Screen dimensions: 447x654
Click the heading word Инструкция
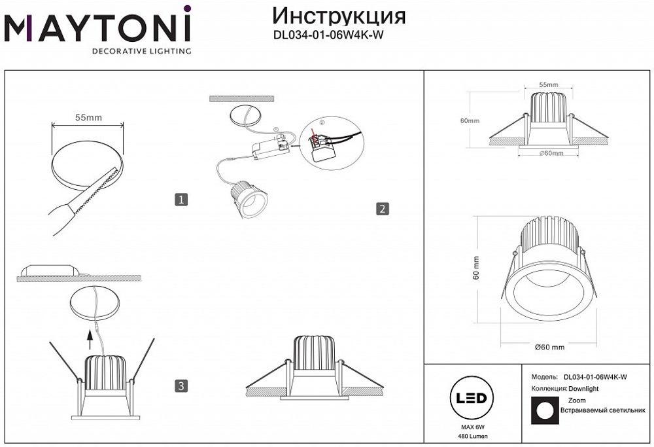338,16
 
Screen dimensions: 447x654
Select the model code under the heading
327,37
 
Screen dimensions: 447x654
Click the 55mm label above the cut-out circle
88,118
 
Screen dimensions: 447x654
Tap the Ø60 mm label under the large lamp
549,347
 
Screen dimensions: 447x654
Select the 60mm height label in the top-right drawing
470,121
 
